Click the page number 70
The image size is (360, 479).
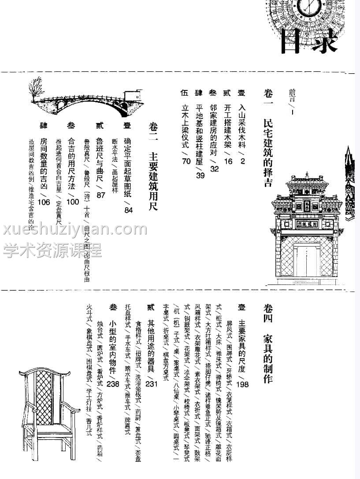click(186, 161)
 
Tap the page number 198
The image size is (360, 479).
click(242, 384)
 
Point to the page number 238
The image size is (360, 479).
click(113, 384)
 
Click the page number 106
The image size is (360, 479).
click(44, 202)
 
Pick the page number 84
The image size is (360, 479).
click(128, 210)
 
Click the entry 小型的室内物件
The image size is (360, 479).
click(113, 342)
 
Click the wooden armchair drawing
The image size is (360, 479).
click(49, 406)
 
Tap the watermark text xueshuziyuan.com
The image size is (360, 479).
click(75, 230)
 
